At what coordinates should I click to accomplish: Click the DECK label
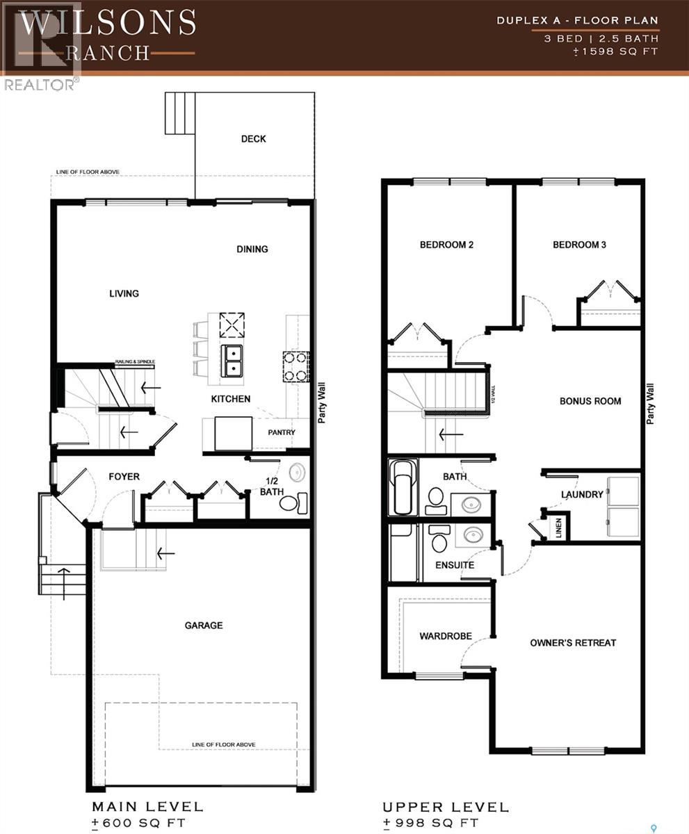253,139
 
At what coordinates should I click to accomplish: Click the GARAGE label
204,625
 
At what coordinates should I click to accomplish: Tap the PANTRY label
282,432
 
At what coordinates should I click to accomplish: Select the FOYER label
124,477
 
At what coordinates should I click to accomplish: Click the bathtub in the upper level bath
403,486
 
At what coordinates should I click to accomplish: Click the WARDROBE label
446,636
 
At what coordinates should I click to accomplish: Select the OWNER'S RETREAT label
573,643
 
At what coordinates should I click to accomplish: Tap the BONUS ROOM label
590,401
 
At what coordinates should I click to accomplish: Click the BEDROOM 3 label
579,245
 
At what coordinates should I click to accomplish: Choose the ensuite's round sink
473,535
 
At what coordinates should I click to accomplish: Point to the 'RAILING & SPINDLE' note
135,362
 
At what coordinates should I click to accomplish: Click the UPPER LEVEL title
445,808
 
